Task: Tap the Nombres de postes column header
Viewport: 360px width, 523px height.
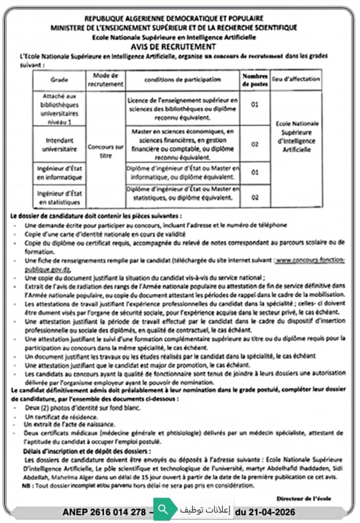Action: [255, 80]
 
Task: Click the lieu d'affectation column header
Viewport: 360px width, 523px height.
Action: [297, 79]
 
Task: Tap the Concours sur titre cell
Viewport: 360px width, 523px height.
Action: [106, 151]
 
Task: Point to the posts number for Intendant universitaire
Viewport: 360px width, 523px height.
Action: [255, 145]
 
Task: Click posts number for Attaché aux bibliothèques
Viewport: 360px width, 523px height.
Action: [255, 105]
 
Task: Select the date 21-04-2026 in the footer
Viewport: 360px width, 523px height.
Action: [265, 511]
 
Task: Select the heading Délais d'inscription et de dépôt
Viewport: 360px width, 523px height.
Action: [87, 451]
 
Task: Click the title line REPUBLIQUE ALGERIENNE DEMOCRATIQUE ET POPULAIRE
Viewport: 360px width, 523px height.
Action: [174, 18]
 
